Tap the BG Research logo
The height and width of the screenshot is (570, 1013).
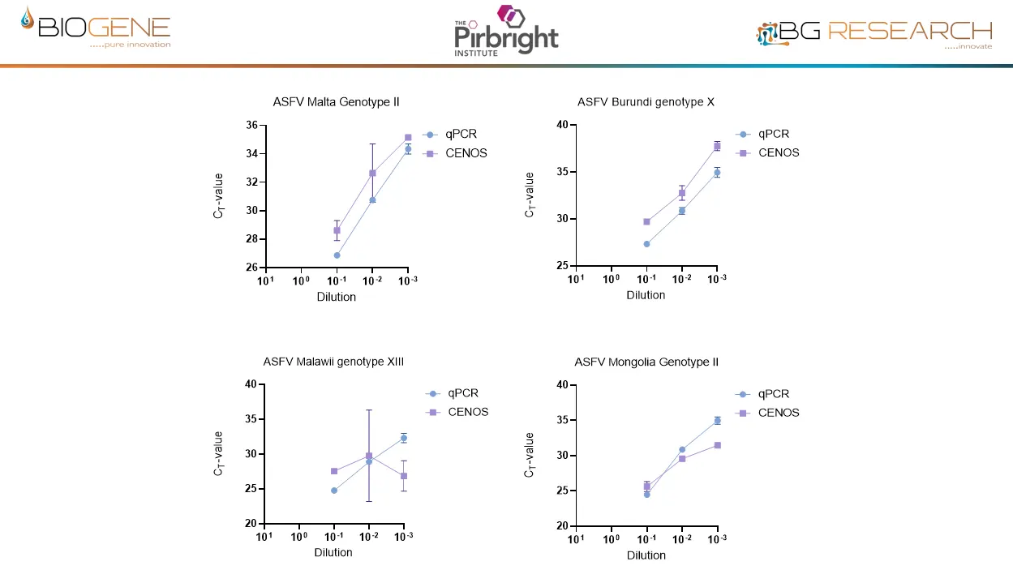[874, 32]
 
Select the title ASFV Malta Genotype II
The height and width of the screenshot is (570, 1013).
[336, 102]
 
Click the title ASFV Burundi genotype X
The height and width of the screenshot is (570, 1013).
[646, 102]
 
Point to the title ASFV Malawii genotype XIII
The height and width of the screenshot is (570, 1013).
[333, 362]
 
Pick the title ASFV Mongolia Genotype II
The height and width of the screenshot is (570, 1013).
[646, 362]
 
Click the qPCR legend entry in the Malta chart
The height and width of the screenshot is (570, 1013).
[459, 135]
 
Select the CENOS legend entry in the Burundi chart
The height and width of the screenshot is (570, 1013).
[778, 152]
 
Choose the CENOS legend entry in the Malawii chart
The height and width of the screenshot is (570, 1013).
[467, 412]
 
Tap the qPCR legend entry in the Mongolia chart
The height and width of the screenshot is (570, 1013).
[773, 394]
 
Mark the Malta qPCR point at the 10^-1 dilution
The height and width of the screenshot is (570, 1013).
[337, 255]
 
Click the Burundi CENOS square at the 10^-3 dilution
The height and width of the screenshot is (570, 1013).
[717, 146]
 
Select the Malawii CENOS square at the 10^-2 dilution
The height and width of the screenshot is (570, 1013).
[369, 456]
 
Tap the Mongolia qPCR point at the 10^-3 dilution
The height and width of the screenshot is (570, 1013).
[717, 421]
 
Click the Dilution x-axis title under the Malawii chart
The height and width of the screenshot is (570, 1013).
[333, 553]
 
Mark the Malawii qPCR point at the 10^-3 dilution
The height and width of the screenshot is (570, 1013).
[404, 438]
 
